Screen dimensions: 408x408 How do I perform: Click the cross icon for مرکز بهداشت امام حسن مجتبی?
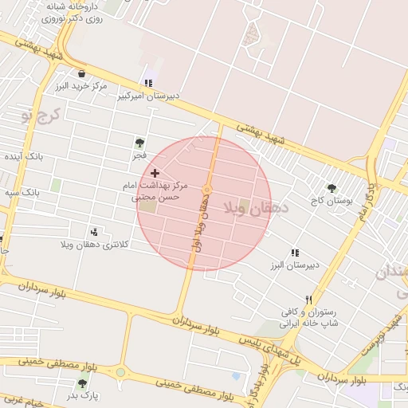click(x=155, y=173)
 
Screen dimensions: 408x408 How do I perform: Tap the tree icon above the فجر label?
click(x=139, y=143)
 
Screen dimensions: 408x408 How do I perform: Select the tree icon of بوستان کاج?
click(x=331, y=189)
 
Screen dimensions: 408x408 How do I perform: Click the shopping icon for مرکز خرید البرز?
click(x=81, y=74)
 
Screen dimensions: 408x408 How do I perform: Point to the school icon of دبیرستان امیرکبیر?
click(x=147, y=83)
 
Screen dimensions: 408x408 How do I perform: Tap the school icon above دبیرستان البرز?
click(x=295, y=253)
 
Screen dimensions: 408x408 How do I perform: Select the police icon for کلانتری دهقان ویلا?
click(x=95, y=232)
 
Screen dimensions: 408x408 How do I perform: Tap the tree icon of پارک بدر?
click(x=82, y=383)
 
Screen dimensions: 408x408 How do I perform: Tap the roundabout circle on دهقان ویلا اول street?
click(x=206, y=189)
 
